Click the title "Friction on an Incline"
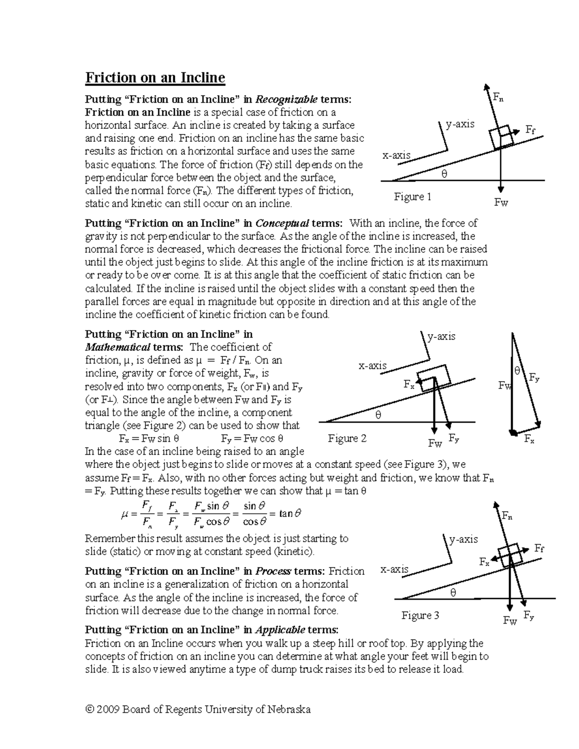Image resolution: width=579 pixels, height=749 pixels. click(155, 78)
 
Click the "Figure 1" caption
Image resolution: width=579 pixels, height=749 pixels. click(413, 197)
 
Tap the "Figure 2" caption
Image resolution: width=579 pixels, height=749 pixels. click(347, 438)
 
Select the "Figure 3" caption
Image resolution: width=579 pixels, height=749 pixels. click(420, 615)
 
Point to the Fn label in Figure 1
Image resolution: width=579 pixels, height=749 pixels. click(497, 97)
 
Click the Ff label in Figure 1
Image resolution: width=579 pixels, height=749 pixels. click(530, 130)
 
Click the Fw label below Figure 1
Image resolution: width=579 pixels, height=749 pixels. click(501, 203)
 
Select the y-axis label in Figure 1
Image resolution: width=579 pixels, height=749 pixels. click(460, 124)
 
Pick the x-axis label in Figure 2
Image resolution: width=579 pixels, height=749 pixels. click(372, 366)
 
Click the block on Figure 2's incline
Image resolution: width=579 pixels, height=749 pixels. click(434, 376)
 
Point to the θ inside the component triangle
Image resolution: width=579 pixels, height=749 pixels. click(518, 371)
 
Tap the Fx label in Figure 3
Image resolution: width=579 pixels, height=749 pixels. click(484, 562)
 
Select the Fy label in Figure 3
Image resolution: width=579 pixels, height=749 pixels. click(529, 616)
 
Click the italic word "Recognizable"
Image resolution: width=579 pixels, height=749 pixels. click(286, 100)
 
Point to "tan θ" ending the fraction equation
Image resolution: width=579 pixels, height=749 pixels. click(290, 514)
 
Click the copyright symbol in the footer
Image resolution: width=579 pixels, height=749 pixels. click(89, 709)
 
